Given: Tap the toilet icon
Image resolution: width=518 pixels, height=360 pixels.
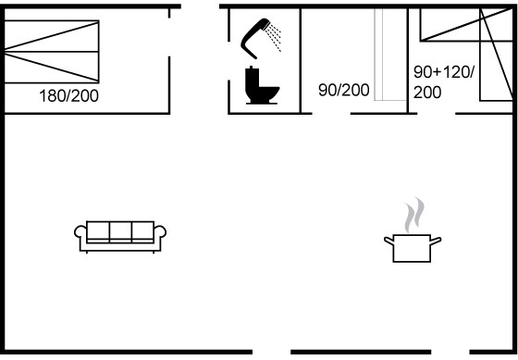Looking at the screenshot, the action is click(x=262, y=86).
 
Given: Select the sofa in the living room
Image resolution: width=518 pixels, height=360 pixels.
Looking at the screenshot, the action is click(x=120, y=237).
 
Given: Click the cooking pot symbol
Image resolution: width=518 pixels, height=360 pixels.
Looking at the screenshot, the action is click(x=413, y=248).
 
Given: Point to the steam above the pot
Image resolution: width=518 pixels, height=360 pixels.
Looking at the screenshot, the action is click(x=414, y=214).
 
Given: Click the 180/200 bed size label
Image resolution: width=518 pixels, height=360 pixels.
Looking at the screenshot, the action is click(x=68, y=96).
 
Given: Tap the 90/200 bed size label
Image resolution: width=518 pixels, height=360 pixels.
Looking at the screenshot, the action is click(x=343, y=90).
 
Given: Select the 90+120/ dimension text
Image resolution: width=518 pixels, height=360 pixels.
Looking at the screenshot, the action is click(x=444, y=72).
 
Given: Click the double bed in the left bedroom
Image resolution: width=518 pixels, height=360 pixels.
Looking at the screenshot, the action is click(x=52, y=52).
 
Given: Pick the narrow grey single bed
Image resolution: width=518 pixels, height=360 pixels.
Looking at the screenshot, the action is click(x=390, y=55).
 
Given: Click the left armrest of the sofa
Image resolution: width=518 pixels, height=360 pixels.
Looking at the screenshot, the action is click(x=80, y=231).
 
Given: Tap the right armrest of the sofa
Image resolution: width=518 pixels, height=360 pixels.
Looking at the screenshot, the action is click(x=160, y=231).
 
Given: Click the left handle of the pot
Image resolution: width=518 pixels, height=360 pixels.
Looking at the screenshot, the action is click(x=388, y=241).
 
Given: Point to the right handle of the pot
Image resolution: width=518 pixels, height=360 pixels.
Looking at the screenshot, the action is click(x=436, y=241).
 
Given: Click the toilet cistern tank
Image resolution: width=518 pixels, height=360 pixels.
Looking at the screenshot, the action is click(x=253, y=77).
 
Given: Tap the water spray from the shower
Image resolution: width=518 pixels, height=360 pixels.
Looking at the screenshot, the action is click(x=274, y=37).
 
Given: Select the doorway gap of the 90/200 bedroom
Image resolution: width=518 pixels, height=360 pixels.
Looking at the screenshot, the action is click(x=331, y=114).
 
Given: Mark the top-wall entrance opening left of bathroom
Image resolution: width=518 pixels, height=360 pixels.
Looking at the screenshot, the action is click(x=200, y=6).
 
